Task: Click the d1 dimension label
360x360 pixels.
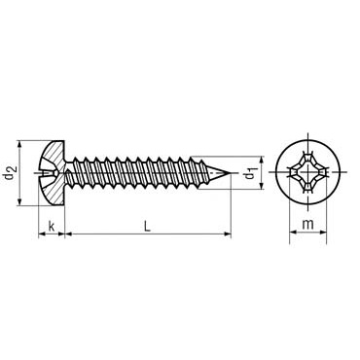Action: (x=251, y=174)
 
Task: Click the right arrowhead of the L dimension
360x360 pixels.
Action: (x=230, y=233)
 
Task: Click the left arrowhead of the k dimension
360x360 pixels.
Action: (x=41, y=233)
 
